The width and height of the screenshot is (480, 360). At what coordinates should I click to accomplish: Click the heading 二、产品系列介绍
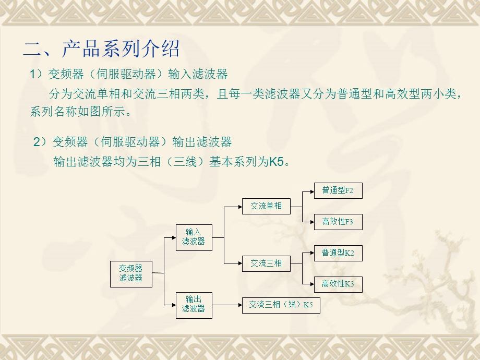pos(101,49)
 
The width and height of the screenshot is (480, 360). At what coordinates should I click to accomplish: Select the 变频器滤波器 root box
pos(131,273)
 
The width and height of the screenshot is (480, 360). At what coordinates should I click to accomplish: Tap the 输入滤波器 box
pos(194,236)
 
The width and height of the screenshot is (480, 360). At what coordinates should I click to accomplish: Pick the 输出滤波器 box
pos(194,304)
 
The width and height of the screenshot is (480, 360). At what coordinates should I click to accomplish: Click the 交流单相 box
pos(266,206)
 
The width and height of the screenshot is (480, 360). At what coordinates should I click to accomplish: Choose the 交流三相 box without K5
pos(266,263)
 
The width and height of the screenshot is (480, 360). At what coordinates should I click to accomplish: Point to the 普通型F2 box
pos(338,191)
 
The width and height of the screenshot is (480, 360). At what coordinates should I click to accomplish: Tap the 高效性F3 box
pos(338,222)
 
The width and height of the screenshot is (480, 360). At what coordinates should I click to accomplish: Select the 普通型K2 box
pos(338,253)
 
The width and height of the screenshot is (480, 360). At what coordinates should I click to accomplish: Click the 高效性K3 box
pos(338,284)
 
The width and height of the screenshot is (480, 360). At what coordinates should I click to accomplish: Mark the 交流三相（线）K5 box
pos(281,305)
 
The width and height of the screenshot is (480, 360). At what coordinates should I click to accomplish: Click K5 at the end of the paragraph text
pos(276,162)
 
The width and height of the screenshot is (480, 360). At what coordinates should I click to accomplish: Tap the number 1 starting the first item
pos(33,75)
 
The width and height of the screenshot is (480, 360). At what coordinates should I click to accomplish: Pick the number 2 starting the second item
pos(37,142)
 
